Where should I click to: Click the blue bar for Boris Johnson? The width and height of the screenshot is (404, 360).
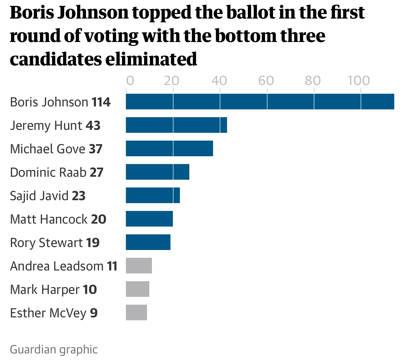pyautogui.click(x=260, y=102)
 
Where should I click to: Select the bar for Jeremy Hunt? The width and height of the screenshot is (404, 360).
pyautogui.click(x=176, y=125)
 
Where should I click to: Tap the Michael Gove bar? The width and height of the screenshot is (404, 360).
pyautogui.click(x=169, y=148)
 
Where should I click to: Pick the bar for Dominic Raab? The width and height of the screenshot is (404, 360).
pyautogui.click(x=157, y=172)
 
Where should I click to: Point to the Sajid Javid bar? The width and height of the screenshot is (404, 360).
pyautogui.click(x=153, y=195)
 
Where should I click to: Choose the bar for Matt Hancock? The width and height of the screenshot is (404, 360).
pyautogui.click(x=149, y=219)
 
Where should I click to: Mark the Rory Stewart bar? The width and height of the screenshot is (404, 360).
pyautogui.click(x=148, y=242)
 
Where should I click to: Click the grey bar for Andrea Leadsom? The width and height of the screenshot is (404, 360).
pyautogui.click(x=139, y=266)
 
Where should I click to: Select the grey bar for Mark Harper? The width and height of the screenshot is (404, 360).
pyautogui.click(x=138, y=289)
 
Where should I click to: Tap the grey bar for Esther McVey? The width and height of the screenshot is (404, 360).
pyautogui.click(x=136, y=312)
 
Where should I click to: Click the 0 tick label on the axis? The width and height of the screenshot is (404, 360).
pyautogui.click(x=130, y=80)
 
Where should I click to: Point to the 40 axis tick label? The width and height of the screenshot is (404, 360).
pyautogui.click(x=219, y=80)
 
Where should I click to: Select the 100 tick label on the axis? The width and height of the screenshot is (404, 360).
pyautogui.click(x=359, y=80)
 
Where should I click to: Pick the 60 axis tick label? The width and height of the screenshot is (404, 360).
pyautogui.click(x=266, y=80)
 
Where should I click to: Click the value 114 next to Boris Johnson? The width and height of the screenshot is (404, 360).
pyautogui.click(x=101, y=102)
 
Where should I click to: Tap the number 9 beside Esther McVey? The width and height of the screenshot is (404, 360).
pyautogui.click(x=94, y=313)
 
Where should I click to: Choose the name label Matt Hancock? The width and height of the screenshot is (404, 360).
pyautogui.click(x=49, y=219)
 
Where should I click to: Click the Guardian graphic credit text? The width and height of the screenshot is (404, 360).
pyautogui.click(x=54, y=350)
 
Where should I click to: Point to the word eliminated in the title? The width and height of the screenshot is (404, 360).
pyautogui.click(x=151, y=59)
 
